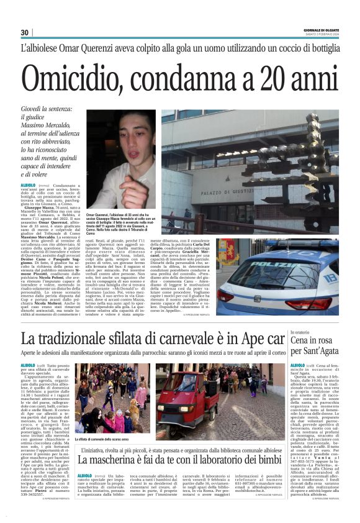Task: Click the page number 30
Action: click(25, 33)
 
